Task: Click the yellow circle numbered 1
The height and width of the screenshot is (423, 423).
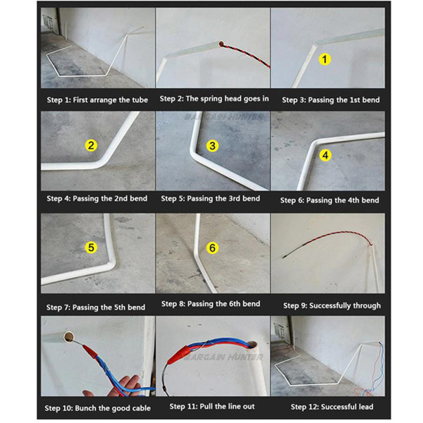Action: (x=325, y=59)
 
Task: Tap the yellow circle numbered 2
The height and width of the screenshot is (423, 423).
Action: (x=91, y=145)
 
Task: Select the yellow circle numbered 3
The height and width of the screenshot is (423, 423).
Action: (x=212, y=146)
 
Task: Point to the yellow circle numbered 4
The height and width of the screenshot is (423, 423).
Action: (x=325, y=155)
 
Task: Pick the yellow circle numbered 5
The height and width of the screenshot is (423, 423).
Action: (x=91, y=247)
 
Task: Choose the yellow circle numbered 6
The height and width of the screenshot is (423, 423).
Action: (x=212, y=247)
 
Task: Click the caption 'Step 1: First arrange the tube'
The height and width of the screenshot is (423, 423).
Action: (x=97, y=100)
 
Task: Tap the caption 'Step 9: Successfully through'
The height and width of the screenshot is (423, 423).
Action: (x=332, y=305)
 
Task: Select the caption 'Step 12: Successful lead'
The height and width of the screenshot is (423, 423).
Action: (x=332, y=407)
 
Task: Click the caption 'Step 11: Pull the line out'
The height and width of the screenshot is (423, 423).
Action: (x=212, y=406)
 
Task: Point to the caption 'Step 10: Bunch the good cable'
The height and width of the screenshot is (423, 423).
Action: (x=97, y=408)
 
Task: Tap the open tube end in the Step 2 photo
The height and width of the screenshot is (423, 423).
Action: (x=221, y=44)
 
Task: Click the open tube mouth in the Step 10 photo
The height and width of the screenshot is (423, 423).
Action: (x=69, y=337)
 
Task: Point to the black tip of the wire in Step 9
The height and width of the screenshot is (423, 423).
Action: (x=284, y=257)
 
